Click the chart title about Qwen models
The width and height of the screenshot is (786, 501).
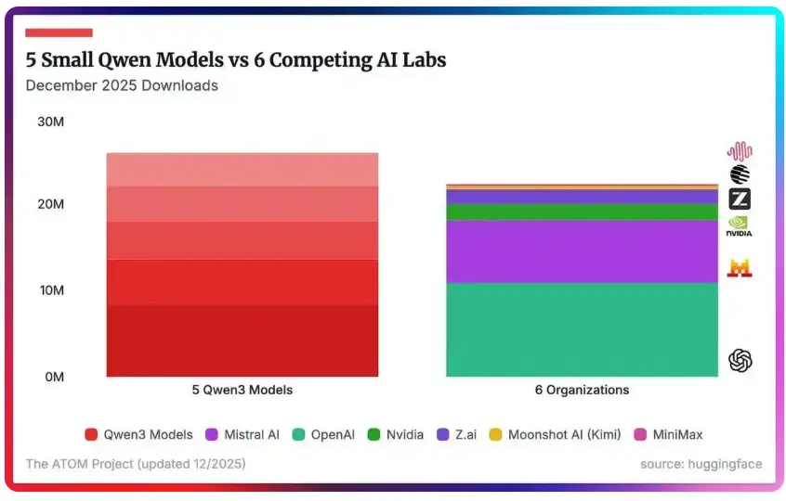tap(236, 60)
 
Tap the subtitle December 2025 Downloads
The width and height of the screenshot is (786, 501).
tap(122, 85)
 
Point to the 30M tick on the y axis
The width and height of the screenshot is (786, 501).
tap(50, 122)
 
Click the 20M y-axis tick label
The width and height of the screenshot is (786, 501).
tap(50, 204)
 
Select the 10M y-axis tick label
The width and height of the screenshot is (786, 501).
tap(50, 290)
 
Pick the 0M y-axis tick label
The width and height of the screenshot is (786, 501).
tap(54, 377)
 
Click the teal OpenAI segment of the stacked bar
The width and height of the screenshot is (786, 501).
tap(582, 329)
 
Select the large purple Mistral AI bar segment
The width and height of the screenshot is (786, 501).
tap(582, 251)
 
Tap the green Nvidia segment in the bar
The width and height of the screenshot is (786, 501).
tap(582, 212)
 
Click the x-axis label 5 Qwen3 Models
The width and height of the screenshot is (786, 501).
tap(242, 390)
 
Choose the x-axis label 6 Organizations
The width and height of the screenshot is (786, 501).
tap(582, 390)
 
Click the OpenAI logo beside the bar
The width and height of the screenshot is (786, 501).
tap(740, 360)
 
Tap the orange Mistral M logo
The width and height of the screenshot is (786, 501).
tap(740, 268)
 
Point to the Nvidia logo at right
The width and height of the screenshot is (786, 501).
tap(740, 226)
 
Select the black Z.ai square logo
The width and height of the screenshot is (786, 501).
tap(740, 199)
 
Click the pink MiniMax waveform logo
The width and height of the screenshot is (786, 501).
tap(740, 151)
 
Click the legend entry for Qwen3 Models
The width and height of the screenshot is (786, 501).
tap(139, 434)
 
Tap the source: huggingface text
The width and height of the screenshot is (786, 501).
tap(701, 463)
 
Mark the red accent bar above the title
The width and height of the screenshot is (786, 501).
tap(59, 32)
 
